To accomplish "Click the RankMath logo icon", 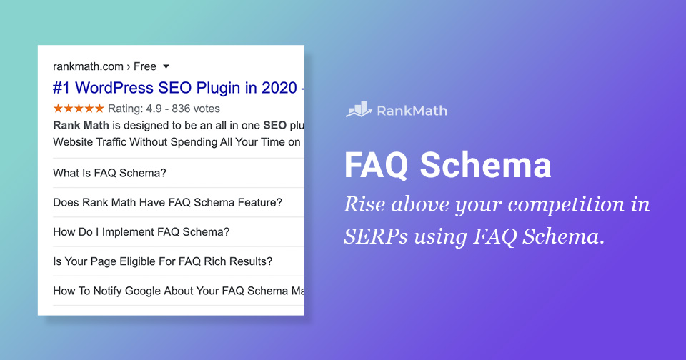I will point(359,110).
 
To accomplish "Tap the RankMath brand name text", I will point(412,111).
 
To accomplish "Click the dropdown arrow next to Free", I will point(166,66).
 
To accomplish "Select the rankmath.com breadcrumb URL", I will point(88,66).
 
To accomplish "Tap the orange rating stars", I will point(79,109).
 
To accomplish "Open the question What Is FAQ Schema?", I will point(109,173).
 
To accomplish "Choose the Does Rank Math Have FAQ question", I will point(167,202).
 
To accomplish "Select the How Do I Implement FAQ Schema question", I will point(141,232).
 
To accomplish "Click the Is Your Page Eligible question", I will point(162,261).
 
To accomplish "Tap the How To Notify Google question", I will point(179,291).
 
